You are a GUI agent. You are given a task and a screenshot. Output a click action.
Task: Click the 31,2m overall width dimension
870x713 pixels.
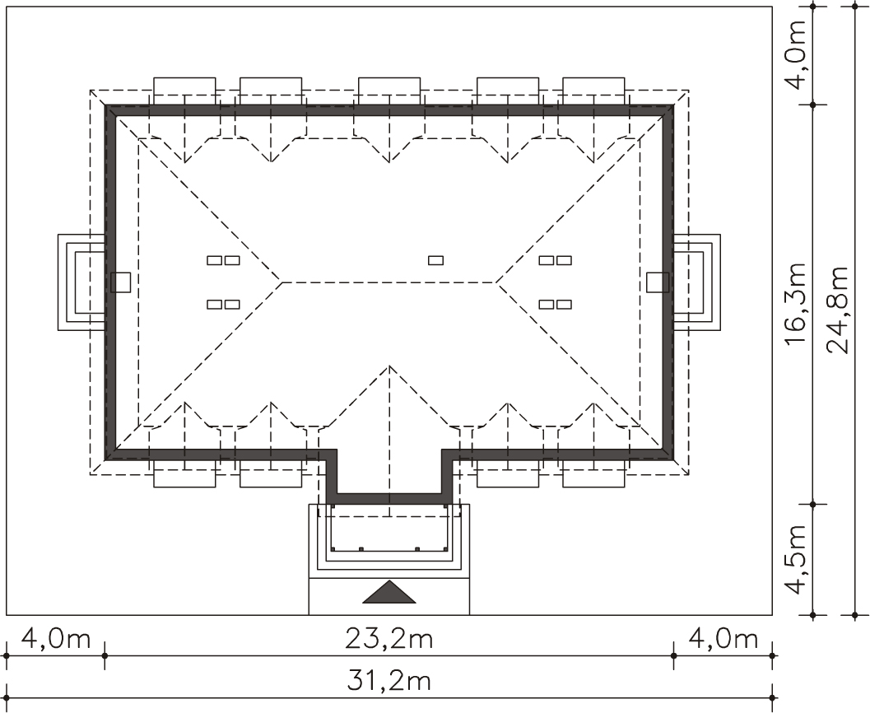389,680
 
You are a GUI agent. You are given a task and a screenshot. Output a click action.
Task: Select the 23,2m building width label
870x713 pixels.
389,639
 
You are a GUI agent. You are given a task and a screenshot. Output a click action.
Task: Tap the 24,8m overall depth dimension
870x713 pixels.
837,310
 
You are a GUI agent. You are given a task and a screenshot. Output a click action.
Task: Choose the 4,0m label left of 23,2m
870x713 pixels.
55,639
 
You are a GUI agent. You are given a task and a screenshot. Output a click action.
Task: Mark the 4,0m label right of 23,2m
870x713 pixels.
723,639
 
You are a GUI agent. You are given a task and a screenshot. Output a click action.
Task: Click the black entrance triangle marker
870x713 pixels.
389,592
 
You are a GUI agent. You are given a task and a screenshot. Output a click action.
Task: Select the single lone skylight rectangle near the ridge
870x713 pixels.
436,259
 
